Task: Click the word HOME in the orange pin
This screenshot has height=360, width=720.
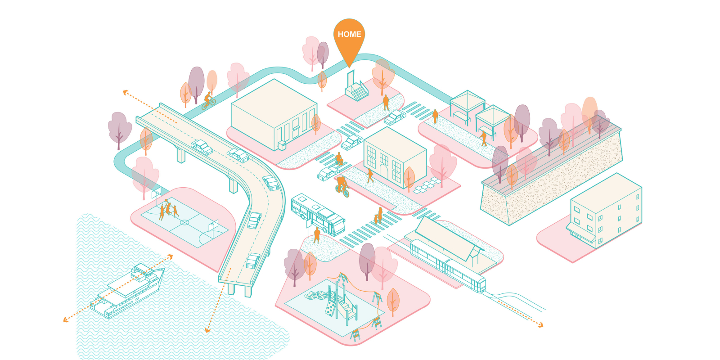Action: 349,34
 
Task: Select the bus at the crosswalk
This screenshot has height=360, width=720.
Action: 317,214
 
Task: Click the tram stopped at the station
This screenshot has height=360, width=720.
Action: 448,266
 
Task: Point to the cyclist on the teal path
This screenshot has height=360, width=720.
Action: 208,101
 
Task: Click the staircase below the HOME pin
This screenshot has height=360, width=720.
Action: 357,90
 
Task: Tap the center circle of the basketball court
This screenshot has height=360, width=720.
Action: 184,222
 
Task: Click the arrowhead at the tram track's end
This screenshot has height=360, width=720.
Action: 540,324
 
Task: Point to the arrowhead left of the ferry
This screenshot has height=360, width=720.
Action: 66,320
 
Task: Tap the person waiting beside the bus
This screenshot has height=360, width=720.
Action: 317,234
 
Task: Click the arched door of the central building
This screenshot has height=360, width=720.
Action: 383,171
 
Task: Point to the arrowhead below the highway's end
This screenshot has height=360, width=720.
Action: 207,331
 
